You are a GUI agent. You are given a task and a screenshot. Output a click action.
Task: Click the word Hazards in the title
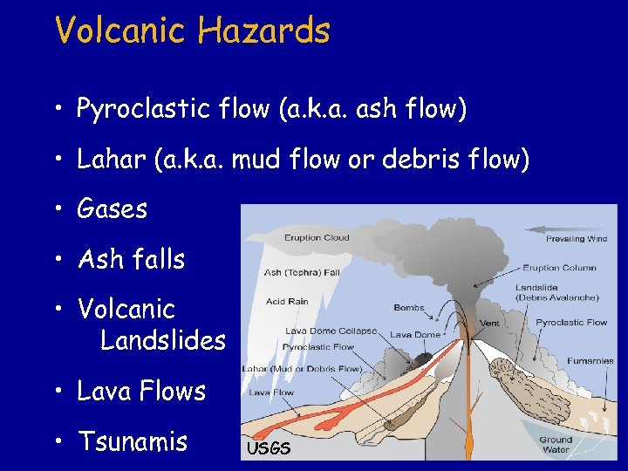(264, 31)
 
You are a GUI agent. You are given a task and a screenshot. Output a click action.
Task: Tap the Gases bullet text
(113, 209)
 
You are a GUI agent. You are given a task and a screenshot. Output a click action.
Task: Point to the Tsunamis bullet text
(133, 441)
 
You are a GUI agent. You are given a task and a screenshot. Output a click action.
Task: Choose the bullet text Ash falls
(131, 259)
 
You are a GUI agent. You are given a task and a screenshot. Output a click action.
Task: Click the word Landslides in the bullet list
(163, 340)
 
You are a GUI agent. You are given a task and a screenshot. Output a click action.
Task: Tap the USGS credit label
(268, 449)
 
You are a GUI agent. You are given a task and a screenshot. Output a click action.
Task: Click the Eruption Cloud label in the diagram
(317, 237)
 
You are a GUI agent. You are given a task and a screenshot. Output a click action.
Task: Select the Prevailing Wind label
(577, 239)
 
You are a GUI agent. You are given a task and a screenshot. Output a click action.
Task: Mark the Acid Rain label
(287, 302)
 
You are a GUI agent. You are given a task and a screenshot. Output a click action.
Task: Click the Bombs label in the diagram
(408, 308)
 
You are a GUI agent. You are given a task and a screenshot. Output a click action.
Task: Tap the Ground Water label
(555, 445)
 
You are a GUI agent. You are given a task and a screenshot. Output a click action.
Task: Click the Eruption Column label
(559, 268)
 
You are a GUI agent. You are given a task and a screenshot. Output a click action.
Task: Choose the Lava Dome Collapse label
(331, 331)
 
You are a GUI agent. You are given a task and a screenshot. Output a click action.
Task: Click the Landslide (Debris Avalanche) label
(556, 293)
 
